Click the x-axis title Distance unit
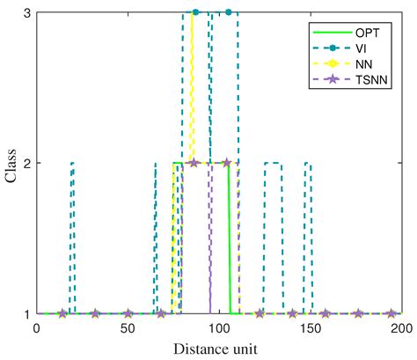click(x=218, y=349)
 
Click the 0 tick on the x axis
click(x=36, y=328)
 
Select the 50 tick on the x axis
click(x=128, y=328)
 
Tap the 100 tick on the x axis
click(x=219, y=328)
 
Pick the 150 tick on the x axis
click(x=310, y=328)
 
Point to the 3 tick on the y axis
click(x=26, y=12)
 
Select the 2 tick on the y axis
click(x=26, y=163)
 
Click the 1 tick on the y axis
click(x=26, y=313)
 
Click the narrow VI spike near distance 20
click(x=72, y=238)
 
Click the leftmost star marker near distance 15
click(x=62, y=313)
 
